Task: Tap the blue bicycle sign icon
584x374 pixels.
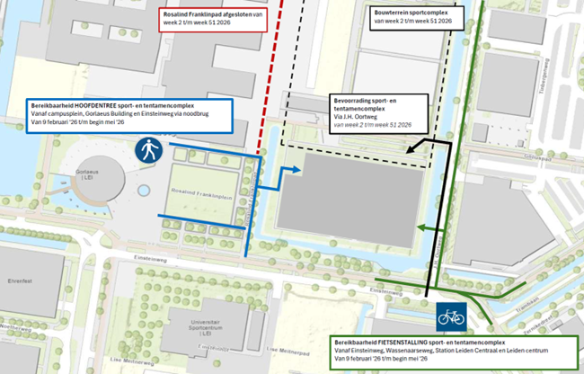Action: [451, 316]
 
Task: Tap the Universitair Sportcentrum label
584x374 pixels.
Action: [211, 327]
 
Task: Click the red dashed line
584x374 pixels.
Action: [272, 81]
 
